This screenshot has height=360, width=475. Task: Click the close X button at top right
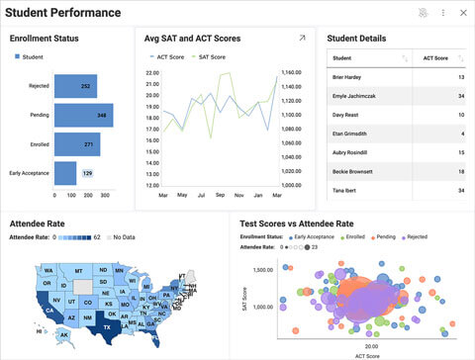tap(462, 13)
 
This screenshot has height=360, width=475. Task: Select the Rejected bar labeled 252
tap(75, 86)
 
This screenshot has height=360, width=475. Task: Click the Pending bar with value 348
tap(83, 116)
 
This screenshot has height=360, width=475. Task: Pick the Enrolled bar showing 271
tap(77, 144)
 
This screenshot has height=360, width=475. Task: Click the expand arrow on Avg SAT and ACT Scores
tap(303, 39)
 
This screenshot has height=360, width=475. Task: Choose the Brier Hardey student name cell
tap(350, 77)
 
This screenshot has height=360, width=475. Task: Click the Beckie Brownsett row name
tap(355, 171)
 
